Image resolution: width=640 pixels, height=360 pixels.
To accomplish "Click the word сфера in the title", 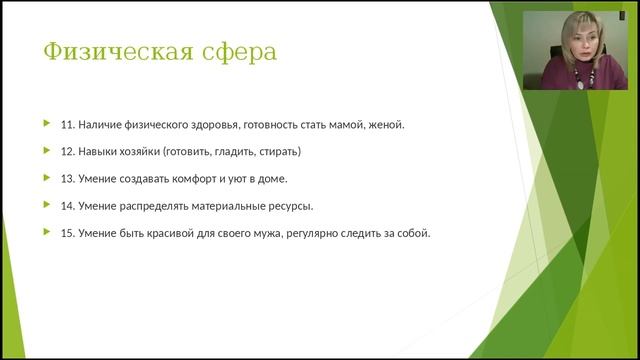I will [x=240, y=51].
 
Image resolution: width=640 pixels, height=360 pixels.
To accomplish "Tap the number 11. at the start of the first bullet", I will [x=69, y=125].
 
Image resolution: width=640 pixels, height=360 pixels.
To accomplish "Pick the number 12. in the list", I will [x=69, y=152].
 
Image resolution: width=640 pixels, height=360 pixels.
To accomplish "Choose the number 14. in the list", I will [x=69, y=206].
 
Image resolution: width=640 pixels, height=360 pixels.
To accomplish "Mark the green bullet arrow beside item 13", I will [x=46, y=177].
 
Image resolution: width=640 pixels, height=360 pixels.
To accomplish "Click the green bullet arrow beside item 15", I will [x=46, y=231].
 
